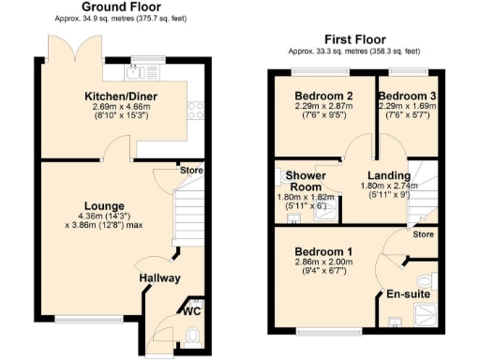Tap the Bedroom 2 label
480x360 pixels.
(x=322, y=97)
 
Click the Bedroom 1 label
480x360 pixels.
(x=322, y=253)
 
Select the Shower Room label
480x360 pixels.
(x=306, y=181)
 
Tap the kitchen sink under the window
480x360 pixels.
(x=142, y=69)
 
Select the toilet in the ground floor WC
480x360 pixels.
(x=193, y=336)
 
